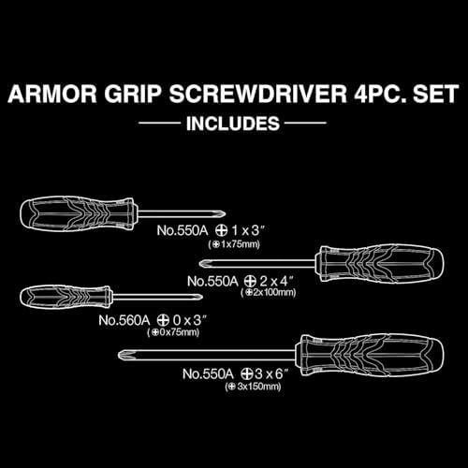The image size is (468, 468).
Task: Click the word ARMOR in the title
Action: pyautogui.click(x=52, y=94)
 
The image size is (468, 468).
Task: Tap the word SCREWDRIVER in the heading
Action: pyautogui.click(x=257, y=94)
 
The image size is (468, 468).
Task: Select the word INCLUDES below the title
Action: pyautogui.click(x=233, y=124)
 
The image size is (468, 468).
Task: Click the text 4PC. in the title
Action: pyautogui.click(x=380, y=94)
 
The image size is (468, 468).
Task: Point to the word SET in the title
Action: pyautogui.click(x=436, y=94)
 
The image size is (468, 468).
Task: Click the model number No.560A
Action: pyautogui.click(x=124, y=320)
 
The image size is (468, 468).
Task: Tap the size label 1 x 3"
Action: pyautogui.click(x=248, y=230)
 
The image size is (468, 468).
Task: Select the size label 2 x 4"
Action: pyautogui.click(x=277, y=282)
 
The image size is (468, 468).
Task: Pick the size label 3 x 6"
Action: pyautogui.click(x=271, y=373)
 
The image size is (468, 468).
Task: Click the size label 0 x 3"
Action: pyautogui.click(x=190, y=320)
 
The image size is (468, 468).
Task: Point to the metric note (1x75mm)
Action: pyautogui.click(x=234, y=244)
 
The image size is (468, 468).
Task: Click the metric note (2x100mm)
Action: pyautogui.click(x=269, y=293)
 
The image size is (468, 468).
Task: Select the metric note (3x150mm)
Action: pyautogui.click(x=253, y=387)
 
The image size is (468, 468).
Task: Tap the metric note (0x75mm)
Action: pyautogui.click(x=173, y=332)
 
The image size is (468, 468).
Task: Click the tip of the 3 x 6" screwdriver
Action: pyautogui.click(x=120, y=355)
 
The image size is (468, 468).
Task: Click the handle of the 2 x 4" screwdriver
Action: pyautogui.click(x=379, y=263)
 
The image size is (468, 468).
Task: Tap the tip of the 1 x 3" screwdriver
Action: pyautogui.click(x=224, y=214)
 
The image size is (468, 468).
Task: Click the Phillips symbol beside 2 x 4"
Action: pyautogui.click(x=250, y=282)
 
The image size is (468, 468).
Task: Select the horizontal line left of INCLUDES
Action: pyautogui.click(x=160, y=123)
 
